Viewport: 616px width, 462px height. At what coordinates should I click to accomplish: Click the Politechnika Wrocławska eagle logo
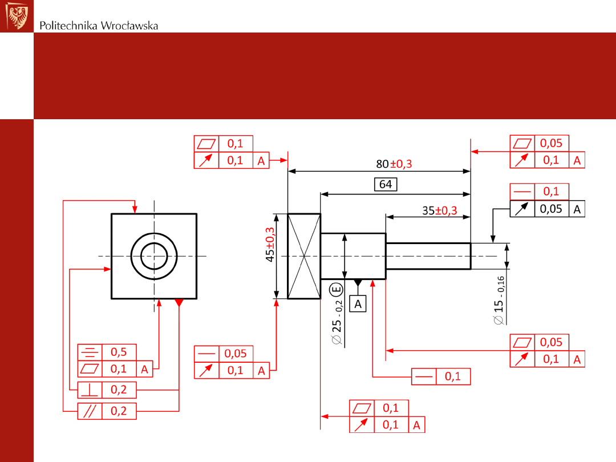click(17, 15)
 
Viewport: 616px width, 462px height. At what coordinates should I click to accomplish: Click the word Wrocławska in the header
click(129, 26)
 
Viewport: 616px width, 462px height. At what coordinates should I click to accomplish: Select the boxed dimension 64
click(386, 184)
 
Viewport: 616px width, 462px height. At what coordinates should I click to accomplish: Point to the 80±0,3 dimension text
click(394, 164)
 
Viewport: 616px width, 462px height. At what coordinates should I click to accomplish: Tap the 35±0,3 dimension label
click(440, 210)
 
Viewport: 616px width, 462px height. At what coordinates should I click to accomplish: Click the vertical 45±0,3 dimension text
click(270, 244)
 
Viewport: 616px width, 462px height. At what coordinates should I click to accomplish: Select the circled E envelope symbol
click(337, 290)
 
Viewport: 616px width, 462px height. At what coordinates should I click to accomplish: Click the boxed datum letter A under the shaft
click(358, 303)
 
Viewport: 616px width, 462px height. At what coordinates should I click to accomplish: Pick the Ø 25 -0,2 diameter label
click(337, 322)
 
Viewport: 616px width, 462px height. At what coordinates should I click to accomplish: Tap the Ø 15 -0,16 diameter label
click(499, 301)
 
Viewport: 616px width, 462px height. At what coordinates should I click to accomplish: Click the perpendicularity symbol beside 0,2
click(90, 390)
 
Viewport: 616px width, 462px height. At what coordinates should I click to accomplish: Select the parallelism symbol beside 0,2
click(90, 411)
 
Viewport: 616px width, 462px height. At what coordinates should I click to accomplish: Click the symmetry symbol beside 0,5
click(90, 352)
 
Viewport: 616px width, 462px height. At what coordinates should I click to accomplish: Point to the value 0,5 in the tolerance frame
click(119, 352)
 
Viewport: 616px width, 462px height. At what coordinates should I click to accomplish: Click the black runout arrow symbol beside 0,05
click(522, 209)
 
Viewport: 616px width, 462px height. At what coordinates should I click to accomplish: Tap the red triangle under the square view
click(179, 302)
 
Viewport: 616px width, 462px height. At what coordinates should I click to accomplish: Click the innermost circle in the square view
click(154, 256)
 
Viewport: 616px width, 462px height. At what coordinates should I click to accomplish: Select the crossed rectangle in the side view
click(304, 256)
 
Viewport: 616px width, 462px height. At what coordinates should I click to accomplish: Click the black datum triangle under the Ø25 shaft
click(358, 282)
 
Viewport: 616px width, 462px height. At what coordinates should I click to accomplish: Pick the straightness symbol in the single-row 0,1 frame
click(424, 377)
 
